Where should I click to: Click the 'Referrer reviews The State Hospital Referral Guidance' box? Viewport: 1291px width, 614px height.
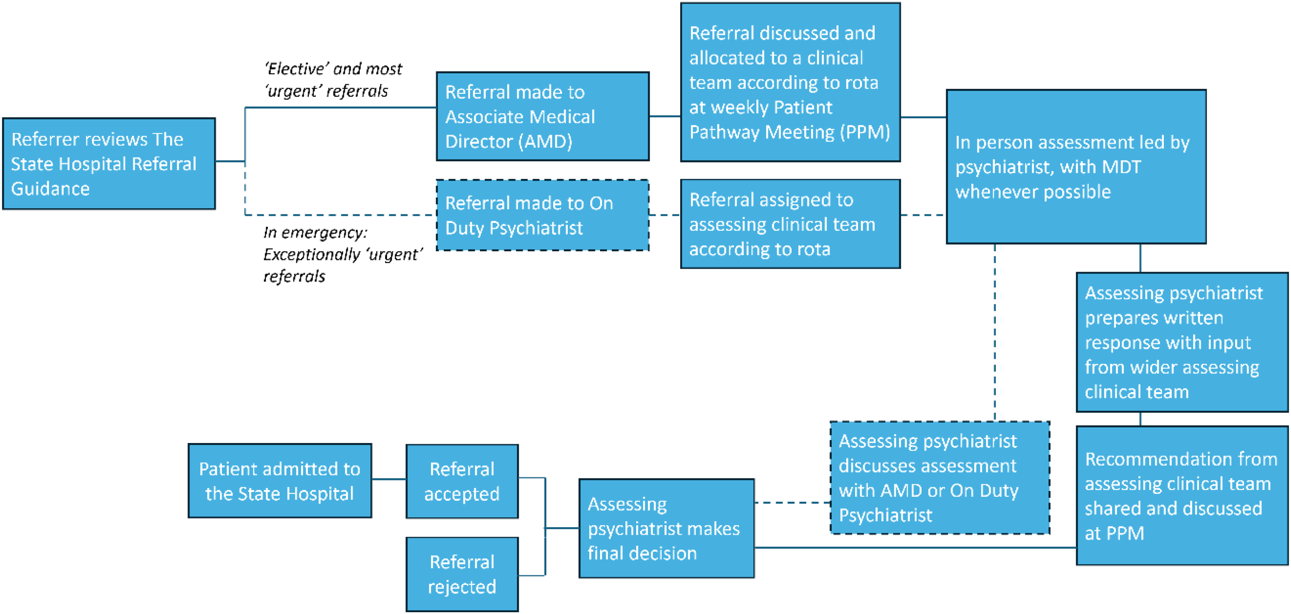(x=109, y=163)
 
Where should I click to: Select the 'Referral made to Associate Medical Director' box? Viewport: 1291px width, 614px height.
(x=543, y=116)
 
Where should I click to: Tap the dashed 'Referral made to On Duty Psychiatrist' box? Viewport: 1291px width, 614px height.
(x=543, y=215)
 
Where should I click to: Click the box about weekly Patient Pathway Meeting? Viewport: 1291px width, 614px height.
(x=790, y=82)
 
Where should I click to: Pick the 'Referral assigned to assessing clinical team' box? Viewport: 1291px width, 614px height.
(x=790, y=224)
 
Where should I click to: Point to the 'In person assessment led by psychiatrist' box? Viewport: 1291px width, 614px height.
(x=1076, y=167)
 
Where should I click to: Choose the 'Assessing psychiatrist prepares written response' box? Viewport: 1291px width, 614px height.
(x=1182, y=342)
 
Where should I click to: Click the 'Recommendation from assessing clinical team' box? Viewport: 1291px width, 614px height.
(x=1182, y=496)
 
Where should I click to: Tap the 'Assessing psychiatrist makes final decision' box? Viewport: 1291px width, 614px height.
(x=667, y=528)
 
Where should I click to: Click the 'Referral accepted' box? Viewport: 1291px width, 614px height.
(x=462, y=481)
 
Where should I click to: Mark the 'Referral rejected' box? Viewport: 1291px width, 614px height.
(x=462, y=575)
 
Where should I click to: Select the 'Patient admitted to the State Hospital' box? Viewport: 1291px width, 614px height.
(x=280, y=480)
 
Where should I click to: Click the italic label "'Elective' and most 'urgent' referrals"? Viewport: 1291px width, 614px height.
(x=333, y=80)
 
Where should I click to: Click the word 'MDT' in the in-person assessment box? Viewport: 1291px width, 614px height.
(x=1117, y=167)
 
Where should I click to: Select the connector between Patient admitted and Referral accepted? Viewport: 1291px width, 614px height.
(x=389, y=479)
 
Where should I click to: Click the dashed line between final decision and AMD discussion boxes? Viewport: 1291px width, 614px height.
(x=792, y=502)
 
